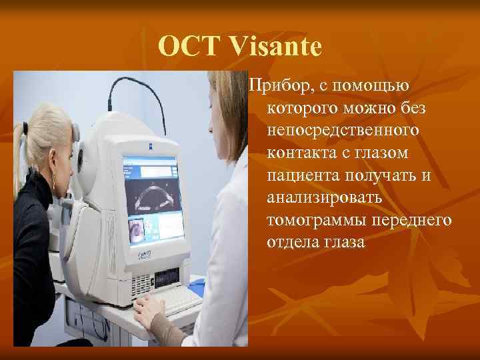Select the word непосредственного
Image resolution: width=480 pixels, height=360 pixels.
tap(343, 131)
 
